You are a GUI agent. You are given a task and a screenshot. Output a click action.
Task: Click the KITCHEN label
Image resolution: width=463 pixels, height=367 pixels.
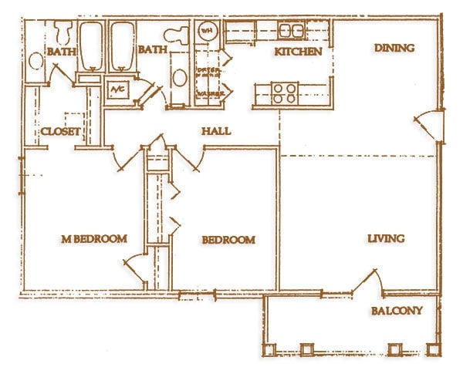[x=298, y=52]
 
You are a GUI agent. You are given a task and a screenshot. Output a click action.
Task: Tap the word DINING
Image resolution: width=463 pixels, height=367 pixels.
[x=394, y=48]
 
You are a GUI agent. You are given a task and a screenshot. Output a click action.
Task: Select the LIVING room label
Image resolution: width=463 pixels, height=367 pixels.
[x=386, y=238]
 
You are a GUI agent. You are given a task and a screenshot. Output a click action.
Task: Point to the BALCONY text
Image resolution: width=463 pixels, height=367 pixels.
[x=397, y=311]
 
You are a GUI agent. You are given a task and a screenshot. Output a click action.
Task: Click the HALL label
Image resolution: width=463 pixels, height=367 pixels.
[x=216, y=131]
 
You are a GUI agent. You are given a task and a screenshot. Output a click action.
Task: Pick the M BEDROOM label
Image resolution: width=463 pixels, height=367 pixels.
[x=93, y=239]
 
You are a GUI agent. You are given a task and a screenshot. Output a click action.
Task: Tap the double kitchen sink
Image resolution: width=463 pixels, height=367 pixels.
[x=290, y=31]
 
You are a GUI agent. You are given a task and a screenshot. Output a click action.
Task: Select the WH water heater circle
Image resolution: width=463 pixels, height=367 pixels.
[x=207, y=32]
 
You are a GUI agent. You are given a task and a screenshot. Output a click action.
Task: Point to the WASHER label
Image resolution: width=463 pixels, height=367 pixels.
[x=209, y=94]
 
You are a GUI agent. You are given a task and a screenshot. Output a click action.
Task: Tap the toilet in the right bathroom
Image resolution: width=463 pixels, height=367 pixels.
[x=177, y=35]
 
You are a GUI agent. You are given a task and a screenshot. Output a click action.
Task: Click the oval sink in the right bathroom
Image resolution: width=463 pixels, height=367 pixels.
[x=178, y=78]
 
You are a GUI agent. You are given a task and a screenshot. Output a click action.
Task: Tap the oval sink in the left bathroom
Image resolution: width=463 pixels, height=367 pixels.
[x=35, y=61]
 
